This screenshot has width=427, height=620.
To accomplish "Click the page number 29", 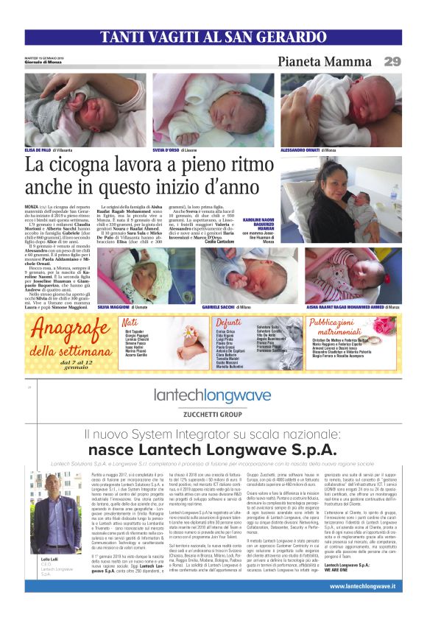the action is click(x=392, y=61).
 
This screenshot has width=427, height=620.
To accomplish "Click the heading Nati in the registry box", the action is click(x=130, y=323).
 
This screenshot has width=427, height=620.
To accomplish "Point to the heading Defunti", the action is click(x=228, y=323).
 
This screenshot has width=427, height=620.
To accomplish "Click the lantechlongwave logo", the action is click(x=213, y=396).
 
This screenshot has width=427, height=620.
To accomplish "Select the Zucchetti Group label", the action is click(x=213, y=415).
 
